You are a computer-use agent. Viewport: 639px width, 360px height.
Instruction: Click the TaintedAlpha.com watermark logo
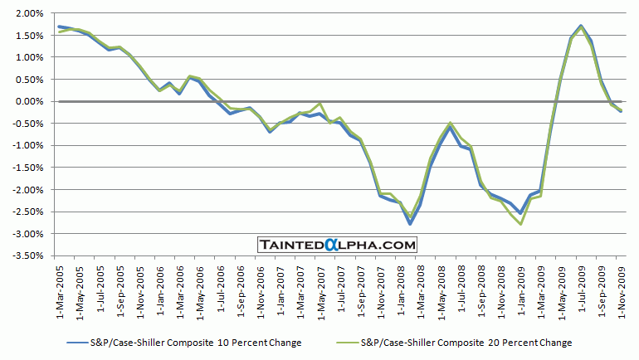(x=336, y=245)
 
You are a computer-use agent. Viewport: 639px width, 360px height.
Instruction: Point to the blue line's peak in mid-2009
(x=581, y=26)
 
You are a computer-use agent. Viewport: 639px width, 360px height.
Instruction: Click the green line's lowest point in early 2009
(x=520, y=224)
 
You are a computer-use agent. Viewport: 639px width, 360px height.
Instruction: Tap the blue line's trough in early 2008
(x=410, y=223)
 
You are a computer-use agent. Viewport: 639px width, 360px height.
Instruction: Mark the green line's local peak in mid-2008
(x=450, y=123)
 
